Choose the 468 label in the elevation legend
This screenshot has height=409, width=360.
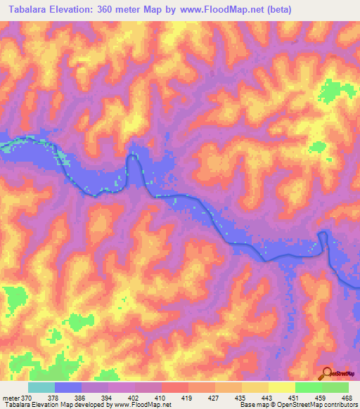[346, 397]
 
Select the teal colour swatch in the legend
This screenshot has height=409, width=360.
[41, 387]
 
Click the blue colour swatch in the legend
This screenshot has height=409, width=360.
[68, 387]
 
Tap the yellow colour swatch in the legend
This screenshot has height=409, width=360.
[281, 387]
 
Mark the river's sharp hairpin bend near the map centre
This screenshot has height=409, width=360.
[131, 159]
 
